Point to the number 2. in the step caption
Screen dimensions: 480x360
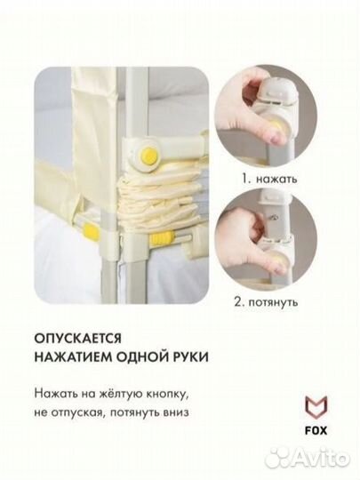pos(243,301)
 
